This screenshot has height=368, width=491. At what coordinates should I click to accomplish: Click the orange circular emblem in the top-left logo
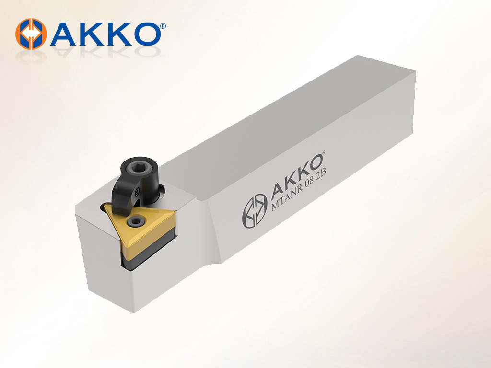[31, 34]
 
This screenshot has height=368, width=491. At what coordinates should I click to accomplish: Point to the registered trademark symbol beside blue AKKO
[163, 26]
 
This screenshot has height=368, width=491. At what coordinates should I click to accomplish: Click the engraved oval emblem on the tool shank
[254, 211]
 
